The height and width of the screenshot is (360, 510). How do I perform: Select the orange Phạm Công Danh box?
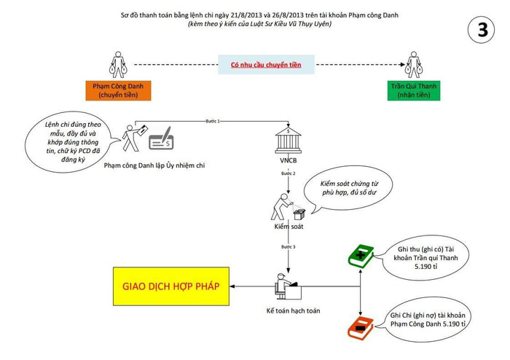tap(117, 90)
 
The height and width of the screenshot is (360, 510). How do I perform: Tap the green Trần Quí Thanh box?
tap(412, 90)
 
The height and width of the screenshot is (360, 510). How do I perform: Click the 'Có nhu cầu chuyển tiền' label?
tap(266, 65)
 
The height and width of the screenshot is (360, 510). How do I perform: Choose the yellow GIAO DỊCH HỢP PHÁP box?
tap(170, 285)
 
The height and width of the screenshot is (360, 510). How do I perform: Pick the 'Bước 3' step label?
tap(289, 248)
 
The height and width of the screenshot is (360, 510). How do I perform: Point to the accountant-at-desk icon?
tap(285, 286)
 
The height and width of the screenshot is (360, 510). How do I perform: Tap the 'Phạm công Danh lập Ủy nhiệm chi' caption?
tap(154, 166)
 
